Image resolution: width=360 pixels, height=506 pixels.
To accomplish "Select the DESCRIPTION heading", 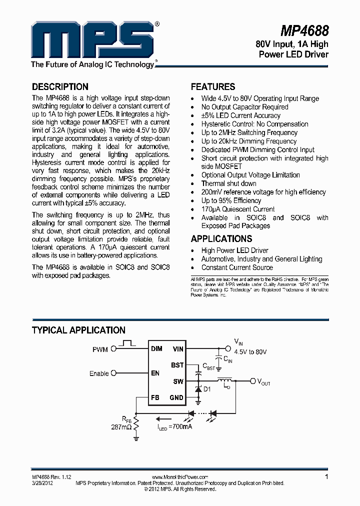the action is point(60,86).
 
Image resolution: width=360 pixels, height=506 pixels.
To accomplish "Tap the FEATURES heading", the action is point(213,86).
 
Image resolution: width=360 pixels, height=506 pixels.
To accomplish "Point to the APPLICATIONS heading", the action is point(221,238).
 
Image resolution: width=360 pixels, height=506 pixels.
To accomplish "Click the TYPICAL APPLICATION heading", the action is point(78,330).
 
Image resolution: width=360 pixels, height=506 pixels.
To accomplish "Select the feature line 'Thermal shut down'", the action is point(228,183).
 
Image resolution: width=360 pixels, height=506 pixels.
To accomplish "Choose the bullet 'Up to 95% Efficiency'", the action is point(231,200).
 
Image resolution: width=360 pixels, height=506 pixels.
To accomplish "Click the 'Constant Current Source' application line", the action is point(237,267).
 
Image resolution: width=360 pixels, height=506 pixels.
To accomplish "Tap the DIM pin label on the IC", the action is point(156,348).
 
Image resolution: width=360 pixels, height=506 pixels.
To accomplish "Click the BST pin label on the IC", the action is point(177,365).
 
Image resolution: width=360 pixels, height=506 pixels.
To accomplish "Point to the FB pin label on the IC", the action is point(155,398).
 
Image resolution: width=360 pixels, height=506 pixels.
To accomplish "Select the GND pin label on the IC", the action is point(177,398).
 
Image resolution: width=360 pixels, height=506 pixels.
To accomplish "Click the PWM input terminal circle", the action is point(113,349).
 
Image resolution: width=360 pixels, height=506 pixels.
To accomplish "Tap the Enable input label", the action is point(99,373).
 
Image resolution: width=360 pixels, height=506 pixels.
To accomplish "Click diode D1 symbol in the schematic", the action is point(199,389).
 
